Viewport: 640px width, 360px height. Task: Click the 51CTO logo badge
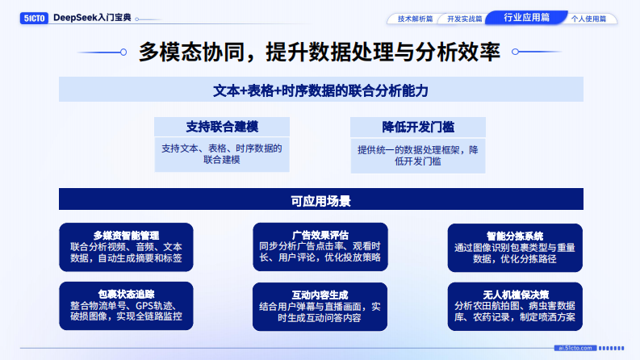pos(34,17)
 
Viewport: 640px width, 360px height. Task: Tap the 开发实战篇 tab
pos(465,18)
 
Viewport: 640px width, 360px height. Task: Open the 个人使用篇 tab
pos(588,18)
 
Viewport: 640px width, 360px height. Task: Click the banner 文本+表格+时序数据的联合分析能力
pos(320,90)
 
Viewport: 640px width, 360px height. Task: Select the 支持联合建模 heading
pos(221,127)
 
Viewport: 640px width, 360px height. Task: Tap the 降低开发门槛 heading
pos(417,127)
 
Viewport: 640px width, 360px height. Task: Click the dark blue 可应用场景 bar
pos(320,199)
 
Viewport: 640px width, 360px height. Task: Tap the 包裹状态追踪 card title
pos(126,294)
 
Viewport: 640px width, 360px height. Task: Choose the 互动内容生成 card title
pos(320,295)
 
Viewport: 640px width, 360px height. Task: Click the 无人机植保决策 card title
pos(514,295)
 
